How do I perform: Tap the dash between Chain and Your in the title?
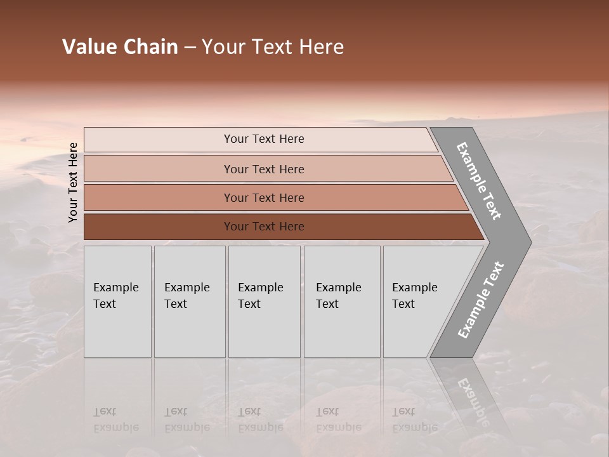pyautogui.click(x=190, y=48)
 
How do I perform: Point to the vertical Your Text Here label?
pyautogui.click(x=73, y=182)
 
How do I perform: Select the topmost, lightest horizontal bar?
pyautogui.click(x=260, y=139)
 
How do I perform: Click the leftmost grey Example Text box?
pyautogui.click(x=117, y=301)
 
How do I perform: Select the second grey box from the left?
pyautogui.click(x=189, y=301)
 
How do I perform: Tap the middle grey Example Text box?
pyautogui.click(x=264, y=301)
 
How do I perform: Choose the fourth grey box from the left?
pyautogui.click(x=341, y=301)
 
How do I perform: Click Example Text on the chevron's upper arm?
pyautogui.click(x=479, y=181)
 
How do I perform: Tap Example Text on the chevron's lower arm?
pyautogui.click(x=480, y=300)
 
